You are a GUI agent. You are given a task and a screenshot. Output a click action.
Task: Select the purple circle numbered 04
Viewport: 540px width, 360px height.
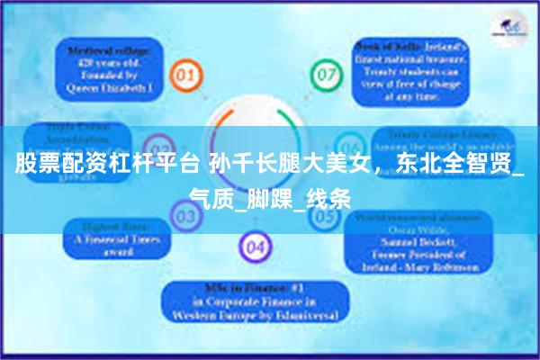click(x=256, y=245)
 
